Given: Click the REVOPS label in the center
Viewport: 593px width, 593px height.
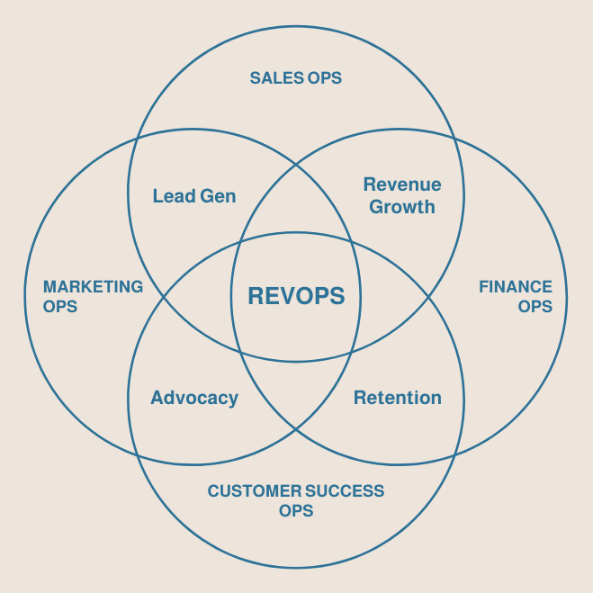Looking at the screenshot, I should pyautogui.click(x=296, y=296).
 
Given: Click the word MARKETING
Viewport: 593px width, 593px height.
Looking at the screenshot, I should pyautogui.click(x=94, y=287).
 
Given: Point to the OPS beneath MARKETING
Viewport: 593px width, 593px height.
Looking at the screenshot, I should pyautogui.click(x=60, y=306).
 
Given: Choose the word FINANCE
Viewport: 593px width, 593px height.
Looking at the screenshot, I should pyautogui.click(x=516, y=287).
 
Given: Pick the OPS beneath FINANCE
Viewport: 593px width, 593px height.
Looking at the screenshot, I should pyautogui.click(x=535, y=306).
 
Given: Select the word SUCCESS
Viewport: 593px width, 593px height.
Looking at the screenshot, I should pyautogui.click(x=345, y=491).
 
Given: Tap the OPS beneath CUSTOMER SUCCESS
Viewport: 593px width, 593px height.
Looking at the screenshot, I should pyautogui.click(x=296, y=510).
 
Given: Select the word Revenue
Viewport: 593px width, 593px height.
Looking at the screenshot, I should pyautogui.click(x=402, y=184).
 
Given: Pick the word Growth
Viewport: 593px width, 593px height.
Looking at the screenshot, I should pyautogui.click(x=402, y=206).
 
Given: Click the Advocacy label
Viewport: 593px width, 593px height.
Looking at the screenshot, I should pyautogui.click(x=194, y=398).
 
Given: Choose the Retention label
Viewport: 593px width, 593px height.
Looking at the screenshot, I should pyautogui.click(x=398, y=398).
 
